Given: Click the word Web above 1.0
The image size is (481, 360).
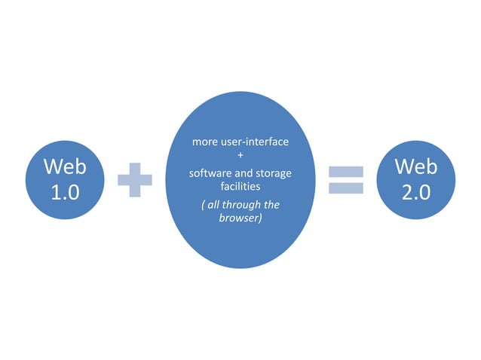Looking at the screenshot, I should click(x=64, y=166).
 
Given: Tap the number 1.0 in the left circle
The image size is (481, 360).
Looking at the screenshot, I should click(x=64, y=192).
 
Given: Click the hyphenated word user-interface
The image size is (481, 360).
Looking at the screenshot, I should click(x=256, y=142).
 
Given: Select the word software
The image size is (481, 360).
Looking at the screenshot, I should click(x=210, y=173).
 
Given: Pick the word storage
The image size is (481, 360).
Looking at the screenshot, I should click(x=274, y=173).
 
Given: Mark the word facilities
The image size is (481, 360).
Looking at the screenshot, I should click(x=240, y=186).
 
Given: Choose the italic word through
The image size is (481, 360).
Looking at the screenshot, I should click(x=245, y=204).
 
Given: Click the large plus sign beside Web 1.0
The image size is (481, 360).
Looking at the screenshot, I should click(x=135, y=180).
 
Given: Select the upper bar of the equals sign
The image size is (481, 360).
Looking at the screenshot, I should click(x=346, y=172).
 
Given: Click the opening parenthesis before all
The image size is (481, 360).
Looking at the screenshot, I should click(x=204, y=204).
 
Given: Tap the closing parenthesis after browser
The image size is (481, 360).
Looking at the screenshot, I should click(x=261, y=218).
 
